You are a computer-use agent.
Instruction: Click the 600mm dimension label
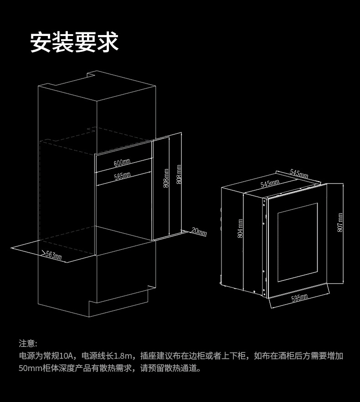click(x=122, y=163)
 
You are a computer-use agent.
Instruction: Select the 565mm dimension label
click(x=122, y=175)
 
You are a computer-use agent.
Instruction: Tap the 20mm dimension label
click(x=199, y=232)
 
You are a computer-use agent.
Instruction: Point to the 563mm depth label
click(x=54, y=256)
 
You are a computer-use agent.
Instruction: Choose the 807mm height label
click(x=340, y=223)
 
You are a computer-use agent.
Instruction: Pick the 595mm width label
click(x=299, y=297)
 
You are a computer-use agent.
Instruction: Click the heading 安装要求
click(x=74, y=42)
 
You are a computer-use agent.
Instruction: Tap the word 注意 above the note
click(x=26, y=343)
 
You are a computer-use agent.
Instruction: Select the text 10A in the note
click(x=66, y=356)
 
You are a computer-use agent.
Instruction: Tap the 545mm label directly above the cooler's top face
click(x=270, y=183)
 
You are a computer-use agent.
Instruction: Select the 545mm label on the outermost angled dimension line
click(x=299, y=173)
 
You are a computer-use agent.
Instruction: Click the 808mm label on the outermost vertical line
click(x=179, y=175)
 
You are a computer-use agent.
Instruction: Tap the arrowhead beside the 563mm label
click(x=43, y=252)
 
